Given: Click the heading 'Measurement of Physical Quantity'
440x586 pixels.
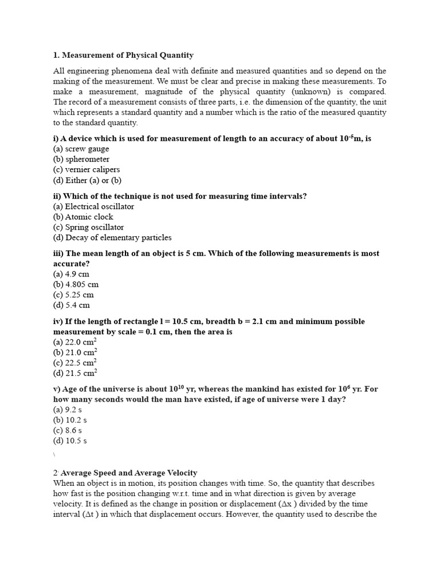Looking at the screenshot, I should point(127,56).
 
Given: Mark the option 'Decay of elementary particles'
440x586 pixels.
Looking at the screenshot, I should point(112,237).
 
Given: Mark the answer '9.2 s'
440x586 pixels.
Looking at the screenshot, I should point(69,410).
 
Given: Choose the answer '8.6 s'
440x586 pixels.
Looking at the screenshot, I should point(69,430).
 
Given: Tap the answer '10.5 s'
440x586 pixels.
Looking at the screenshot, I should point(72,441).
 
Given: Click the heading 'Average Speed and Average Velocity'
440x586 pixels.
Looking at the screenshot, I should point(129,473).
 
